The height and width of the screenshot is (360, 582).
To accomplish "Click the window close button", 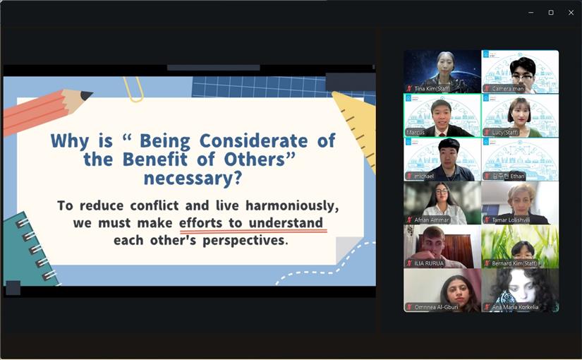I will (x=571, y=12).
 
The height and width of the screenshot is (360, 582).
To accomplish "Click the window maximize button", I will (x=551, y=12).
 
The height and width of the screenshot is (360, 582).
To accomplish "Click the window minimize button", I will (x=531, y=12).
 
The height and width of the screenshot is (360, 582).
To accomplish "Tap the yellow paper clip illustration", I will (x=133, y=88).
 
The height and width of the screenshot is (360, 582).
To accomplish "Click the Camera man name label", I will (x=509, y=88).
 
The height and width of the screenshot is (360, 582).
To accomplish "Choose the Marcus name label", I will (x=416, y=132).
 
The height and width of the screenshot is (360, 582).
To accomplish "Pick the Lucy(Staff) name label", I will (x=505, y=132).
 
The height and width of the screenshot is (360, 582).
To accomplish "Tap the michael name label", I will (x=424, y=176).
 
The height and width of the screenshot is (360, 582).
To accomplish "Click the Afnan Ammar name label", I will (x=431, y=220).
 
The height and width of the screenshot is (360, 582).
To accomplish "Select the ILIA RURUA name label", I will (x=429, y=263).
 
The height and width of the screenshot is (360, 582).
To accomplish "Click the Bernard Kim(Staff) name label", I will (x=514, y=263).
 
